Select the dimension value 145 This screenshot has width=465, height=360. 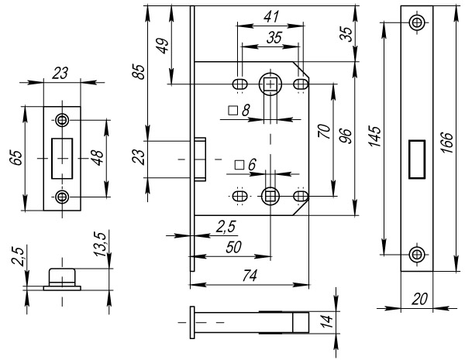click(375, 138)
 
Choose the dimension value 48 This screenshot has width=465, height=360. click(96, 158)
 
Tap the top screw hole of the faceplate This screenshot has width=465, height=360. click(418, 22)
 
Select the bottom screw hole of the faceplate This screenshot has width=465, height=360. click(418, 253)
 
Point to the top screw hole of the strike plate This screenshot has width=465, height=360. click(62, 120)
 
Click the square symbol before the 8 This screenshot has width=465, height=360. click(232, 111)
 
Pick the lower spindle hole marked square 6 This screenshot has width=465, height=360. click(270, 195)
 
